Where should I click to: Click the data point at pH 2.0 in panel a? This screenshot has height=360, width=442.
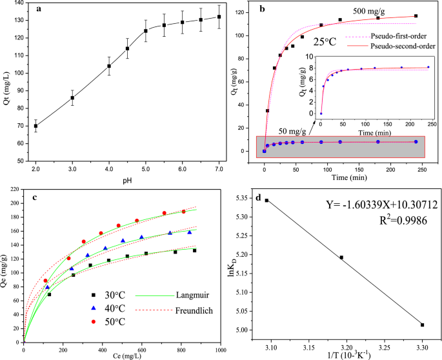point(35,126)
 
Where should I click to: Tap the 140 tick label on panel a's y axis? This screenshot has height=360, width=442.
point(19,3)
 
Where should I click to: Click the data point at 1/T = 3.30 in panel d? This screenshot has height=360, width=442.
point(423,325)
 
